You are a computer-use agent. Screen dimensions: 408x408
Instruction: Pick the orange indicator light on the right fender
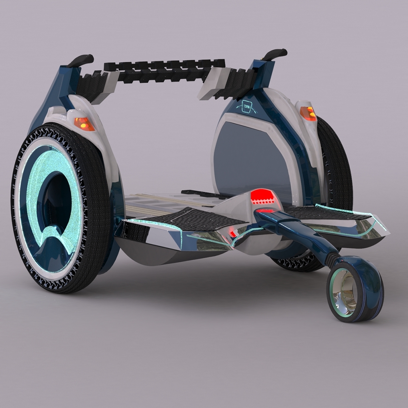(307, 113)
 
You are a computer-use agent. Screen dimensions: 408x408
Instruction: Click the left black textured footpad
(190, 218)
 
